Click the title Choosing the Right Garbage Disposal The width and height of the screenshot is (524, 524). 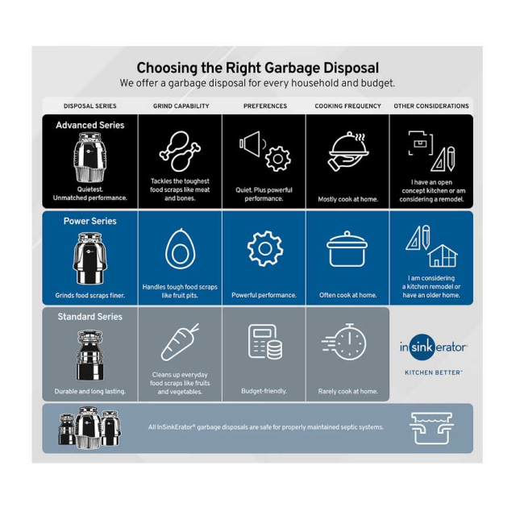(257, 69)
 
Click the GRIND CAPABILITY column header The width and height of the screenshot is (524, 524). (181, 106)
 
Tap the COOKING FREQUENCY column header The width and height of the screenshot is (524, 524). (347, 106)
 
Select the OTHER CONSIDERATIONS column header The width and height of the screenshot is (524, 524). (430, 106)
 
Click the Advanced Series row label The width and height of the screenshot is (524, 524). (90, 126)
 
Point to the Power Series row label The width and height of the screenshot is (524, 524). (90, 221)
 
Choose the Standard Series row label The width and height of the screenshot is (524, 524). (90, 317)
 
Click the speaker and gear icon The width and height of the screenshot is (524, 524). (264, 151)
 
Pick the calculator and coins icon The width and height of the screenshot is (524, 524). (264, 342)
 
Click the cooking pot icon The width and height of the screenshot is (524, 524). (347, 250)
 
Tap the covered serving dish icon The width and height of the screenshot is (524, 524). (347, 152)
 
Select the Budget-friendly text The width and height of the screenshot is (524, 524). (264, 391)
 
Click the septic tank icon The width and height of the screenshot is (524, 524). (431, 428)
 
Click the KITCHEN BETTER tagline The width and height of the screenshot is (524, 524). (433, 372)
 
